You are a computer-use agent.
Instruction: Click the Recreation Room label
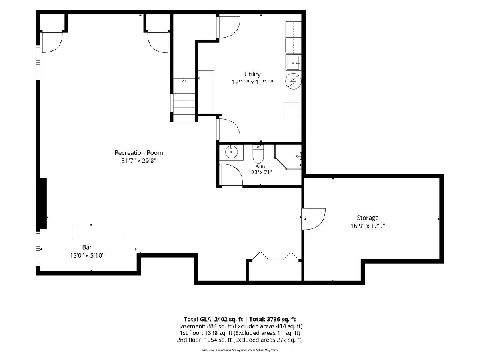coord(139,152)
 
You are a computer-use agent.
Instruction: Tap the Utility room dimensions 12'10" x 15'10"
coord(252,82)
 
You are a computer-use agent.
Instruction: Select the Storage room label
coord(368,218)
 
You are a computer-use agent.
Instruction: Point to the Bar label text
coord(87,247)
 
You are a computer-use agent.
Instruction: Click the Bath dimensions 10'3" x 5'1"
coord(260,172)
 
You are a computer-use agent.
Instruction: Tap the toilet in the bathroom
coord(258,154)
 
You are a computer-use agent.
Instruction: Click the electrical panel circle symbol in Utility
coord(293,81)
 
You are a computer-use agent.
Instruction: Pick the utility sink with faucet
coord(294,62)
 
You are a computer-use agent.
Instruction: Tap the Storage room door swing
coord(313,219)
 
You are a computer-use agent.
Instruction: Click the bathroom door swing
coord(232,176)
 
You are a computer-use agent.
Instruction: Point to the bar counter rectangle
coord(97,232)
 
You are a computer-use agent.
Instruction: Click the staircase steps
coord(184,100)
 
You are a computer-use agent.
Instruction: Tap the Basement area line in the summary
coord(240,326)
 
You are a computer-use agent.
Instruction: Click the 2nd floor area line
coord(240,340)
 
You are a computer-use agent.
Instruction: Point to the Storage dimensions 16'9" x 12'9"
coord(368,226)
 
